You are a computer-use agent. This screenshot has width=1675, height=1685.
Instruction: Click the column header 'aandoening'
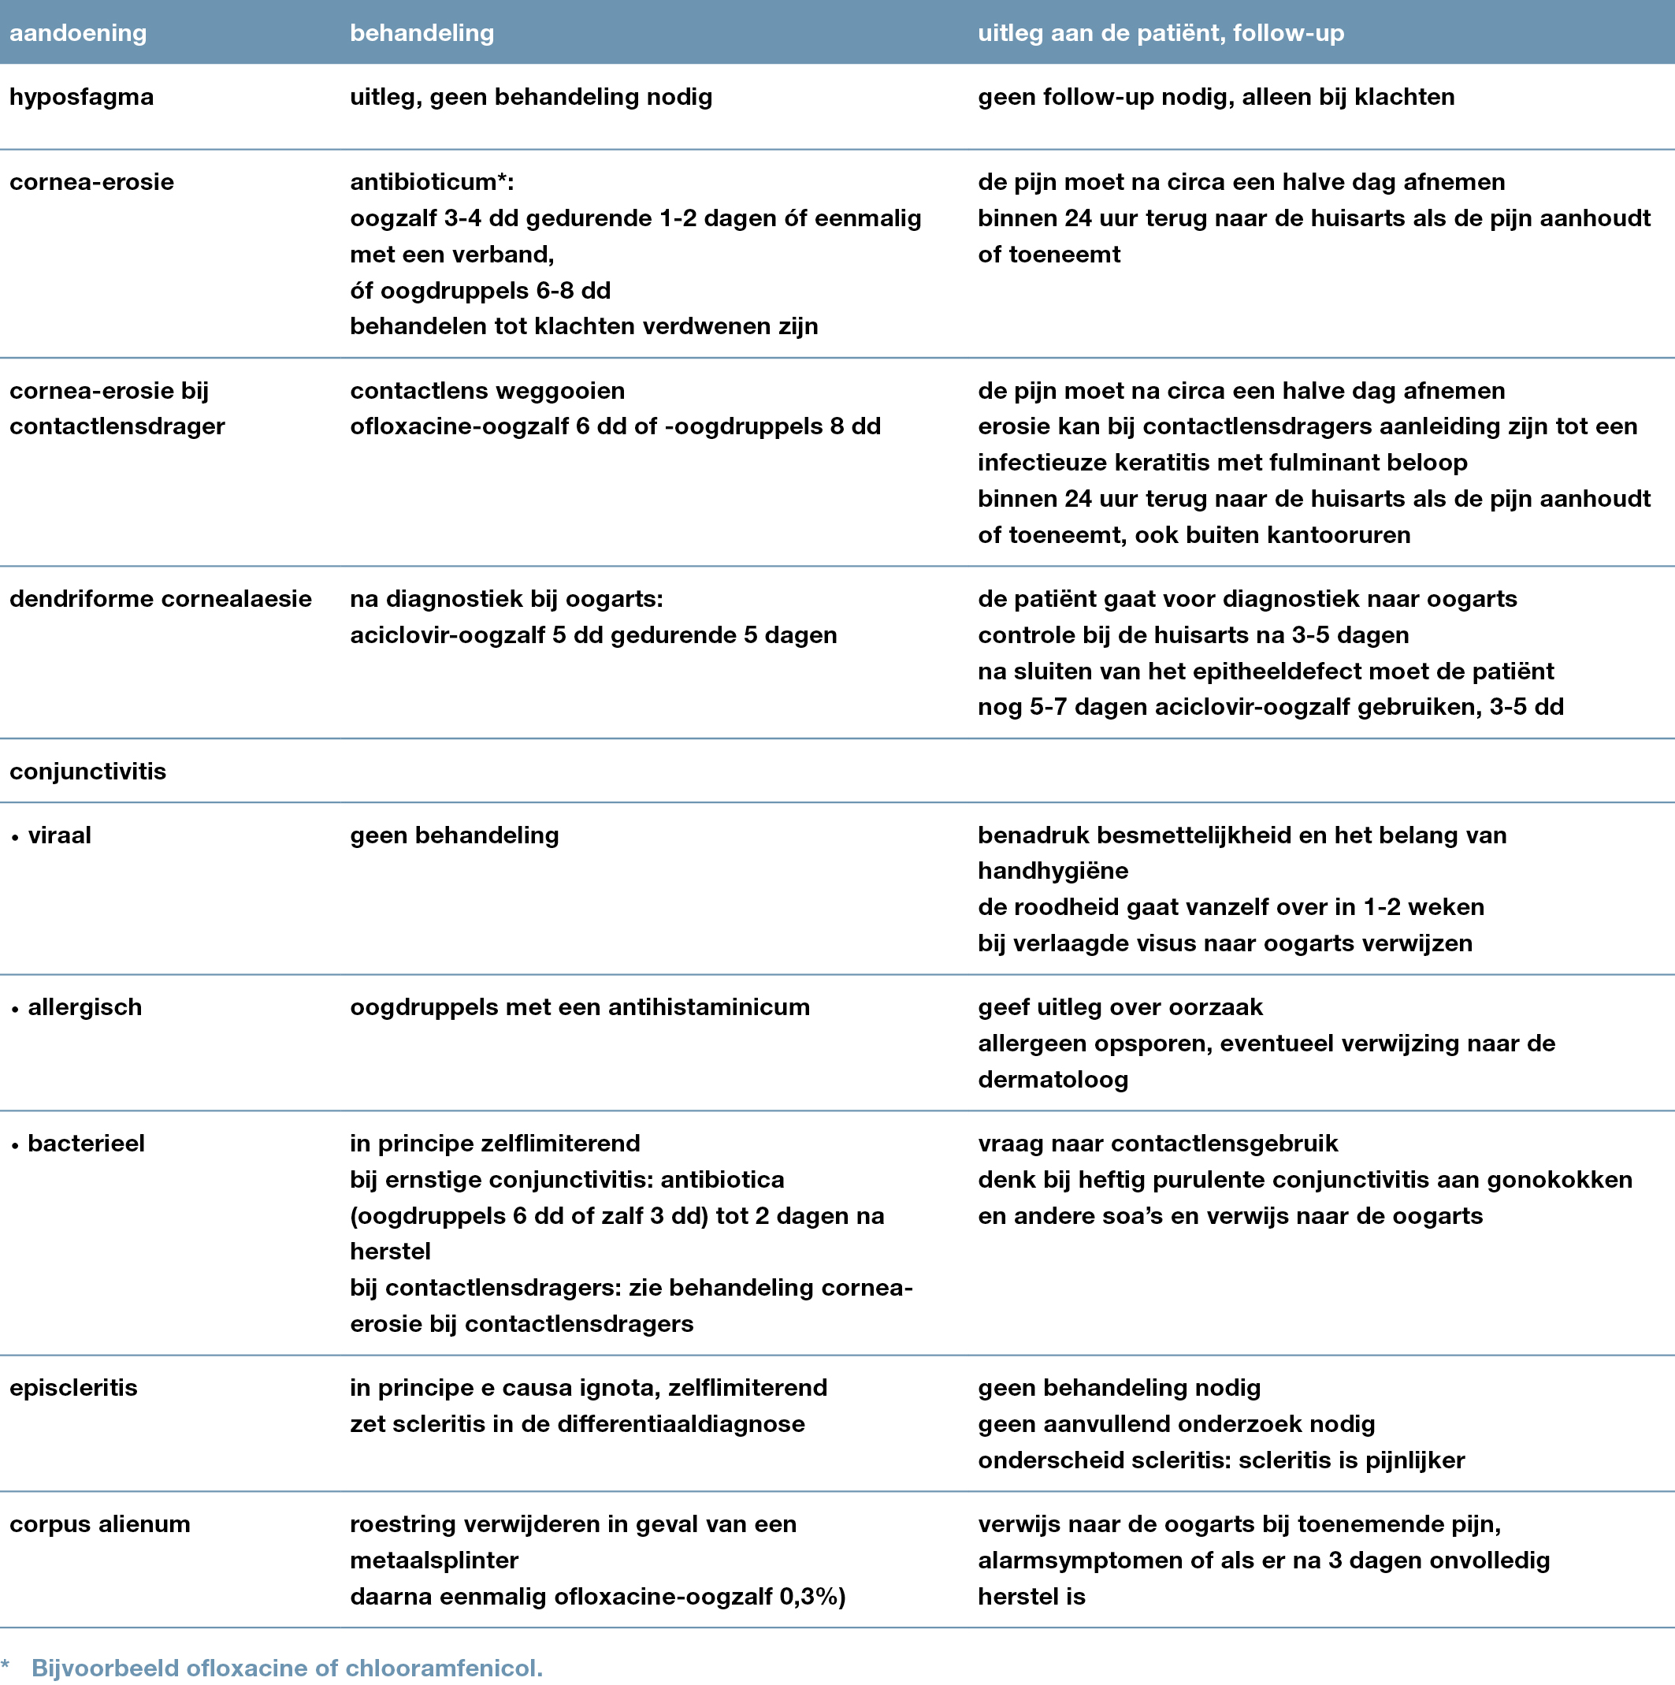pos(77,33)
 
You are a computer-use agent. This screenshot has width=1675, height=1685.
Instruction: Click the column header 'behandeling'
pos(422,33)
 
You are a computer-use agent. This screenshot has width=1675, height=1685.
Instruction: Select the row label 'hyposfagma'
pos(81,97)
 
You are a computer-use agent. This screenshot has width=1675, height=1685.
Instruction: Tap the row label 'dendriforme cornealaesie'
pos(161,599)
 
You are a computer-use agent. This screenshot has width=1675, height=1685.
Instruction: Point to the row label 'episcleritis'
pos(73,1388)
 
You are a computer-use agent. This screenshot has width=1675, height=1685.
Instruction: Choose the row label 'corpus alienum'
pos(99,1523)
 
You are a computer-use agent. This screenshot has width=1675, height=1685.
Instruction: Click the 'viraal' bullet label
pos(59,835)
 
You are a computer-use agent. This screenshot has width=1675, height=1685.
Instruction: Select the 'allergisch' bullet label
pos(84,1007)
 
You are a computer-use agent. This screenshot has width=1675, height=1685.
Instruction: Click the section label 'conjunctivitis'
pos(87,771)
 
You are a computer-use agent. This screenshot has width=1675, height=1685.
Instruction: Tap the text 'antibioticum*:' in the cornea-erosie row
pos(432,182)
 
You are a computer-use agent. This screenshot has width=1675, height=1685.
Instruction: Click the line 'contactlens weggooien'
pos(488,391)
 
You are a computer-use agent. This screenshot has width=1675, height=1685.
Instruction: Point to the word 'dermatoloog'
pos(1053,1080)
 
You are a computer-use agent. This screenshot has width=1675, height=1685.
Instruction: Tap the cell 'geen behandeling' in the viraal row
pos(455,835)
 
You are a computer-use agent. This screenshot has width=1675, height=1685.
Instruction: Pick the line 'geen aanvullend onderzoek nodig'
pos(1175,1424)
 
